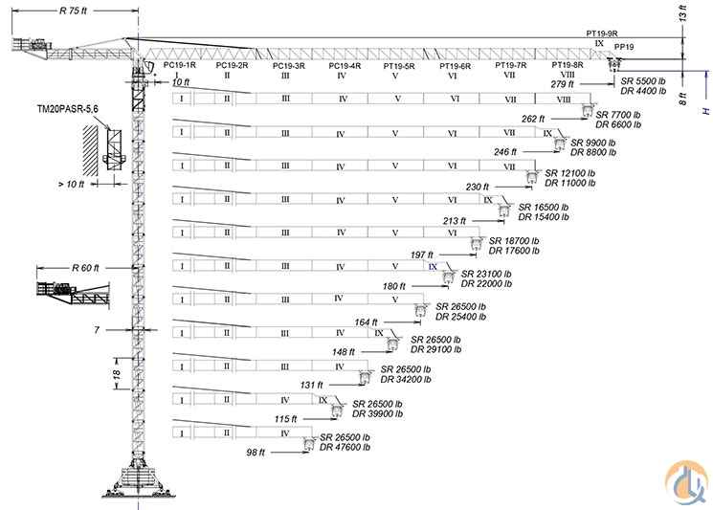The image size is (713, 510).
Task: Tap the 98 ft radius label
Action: pyautogui.click(x=256, y=452)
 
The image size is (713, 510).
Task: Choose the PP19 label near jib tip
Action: pyautogui.click(x=624, y=45)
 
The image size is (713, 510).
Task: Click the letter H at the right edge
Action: pyautogui.click(x=705, y=112)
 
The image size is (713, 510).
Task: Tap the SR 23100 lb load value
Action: pyautogui.click(x=486, y=274)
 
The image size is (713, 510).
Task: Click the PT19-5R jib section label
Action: pyautogui.click(x=399, y=66)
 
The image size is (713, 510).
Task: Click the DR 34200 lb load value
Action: pyautogui.click(x=406, y=379)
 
